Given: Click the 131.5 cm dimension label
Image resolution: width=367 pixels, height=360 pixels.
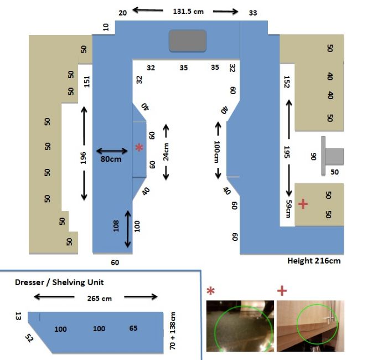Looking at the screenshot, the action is click(x=188, y=11).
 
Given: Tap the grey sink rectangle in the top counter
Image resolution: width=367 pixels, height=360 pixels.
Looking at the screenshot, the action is click(x=188, y=41).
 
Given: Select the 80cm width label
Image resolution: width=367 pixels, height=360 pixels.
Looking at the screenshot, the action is click(x=111, y=159).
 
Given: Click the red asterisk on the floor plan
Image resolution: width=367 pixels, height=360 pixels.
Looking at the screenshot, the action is click(x=139, y=147).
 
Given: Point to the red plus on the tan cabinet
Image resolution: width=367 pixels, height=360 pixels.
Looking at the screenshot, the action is click(x=303, y=204).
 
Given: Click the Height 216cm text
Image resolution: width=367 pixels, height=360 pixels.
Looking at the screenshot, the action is click(x=314, y=261).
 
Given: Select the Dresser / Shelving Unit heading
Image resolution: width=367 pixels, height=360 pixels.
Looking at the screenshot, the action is click(x=59, y=282).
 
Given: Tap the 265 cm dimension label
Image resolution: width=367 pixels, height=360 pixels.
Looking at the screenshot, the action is click(x=100, y=299).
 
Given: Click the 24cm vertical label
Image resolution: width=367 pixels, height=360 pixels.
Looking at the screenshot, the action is click(x=166, y=152).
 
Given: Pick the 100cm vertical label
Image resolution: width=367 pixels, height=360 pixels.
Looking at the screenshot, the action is click(x=217, y=152).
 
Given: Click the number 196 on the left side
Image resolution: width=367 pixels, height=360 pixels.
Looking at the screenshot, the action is click(x=83, y=158).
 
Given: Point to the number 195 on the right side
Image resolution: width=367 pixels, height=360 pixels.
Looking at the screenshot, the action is click(x=287, y=152).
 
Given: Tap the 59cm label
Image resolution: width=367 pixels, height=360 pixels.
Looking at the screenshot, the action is click(x=288, y=209).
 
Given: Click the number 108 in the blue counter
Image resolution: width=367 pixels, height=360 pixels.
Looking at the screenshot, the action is click(x=116, y=226).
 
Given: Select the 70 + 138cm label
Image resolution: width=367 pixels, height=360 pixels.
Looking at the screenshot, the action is click(x=172, y=331).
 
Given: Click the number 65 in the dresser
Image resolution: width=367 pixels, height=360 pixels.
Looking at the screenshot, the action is click(x=133, y=328).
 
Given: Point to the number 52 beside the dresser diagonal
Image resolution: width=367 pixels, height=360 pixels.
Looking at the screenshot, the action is click(x=29, y=338).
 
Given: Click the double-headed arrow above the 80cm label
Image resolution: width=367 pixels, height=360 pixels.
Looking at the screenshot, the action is click(x=112, y=151).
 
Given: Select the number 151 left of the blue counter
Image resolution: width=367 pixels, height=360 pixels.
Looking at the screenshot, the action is click(x=86, y=81).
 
